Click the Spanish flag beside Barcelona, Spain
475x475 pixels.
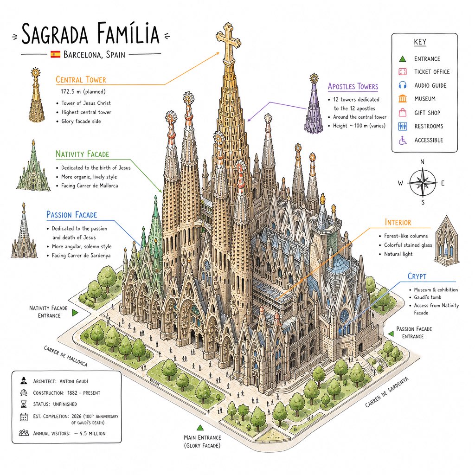(x=56, y=55)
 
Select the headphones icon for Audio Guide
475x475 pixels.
(x=403, y=85)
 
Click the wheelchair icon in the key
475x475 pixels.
(x=403, y=140)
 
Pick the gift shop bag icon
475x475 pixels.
(x=403, y=112)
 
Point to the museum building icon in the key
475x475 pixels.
(x=403, y=98)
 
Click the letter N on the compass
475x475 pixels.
(x=422, y=162)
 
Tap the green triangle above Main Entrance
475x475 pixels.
(x=199, y=427)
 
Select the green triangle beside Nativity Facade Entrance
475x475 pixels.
(x=75, y=313)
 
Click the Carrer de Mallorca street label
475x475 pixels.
(x=65, y=356)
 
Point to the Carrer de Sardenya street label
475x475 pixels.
(x=386, y=392)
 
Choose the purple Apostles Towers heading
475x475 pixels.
(x=353, y=86)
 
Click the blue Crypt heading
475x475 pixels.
(x=417, y=276)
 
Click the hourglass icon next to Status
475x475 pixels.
(x=24, y=404)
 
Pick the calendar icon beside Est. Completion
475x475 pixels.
(x=24, y=417)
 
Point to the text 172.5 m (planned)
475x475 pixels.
(x=83, y=91)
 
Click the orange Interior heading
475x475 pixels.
(x=398, y=222)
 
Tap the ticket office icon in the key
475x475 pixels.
(x=403, y=72)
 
